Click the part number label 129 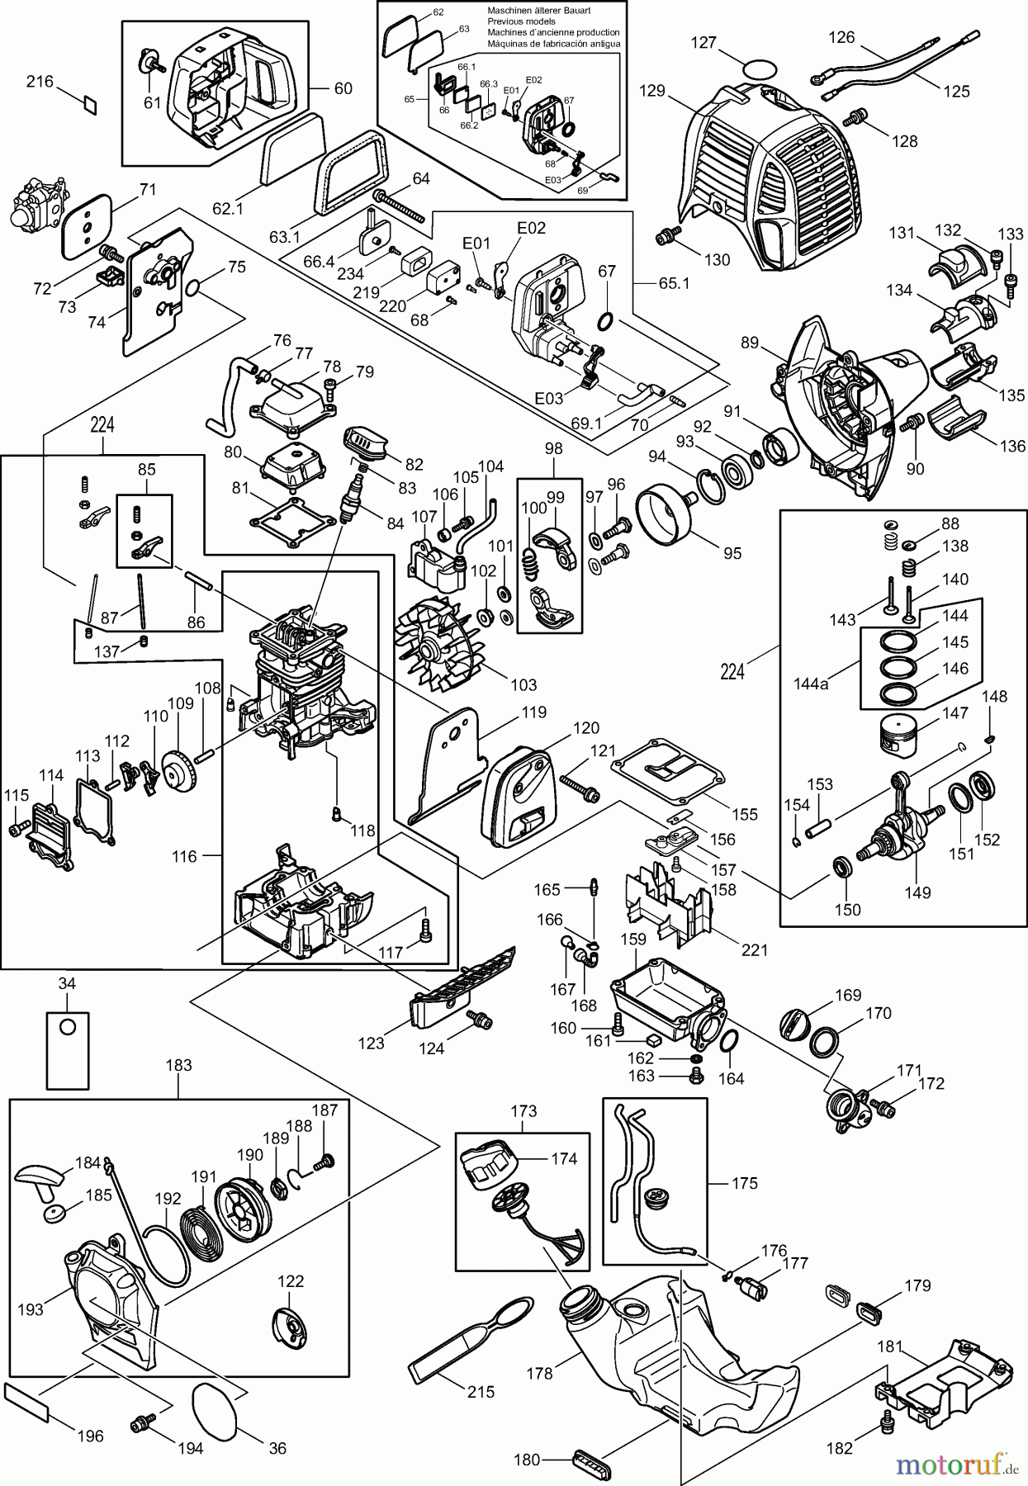tap(651, 91)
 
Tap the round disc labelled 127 tap(760, 69)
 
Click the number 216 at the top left tap(40, 81)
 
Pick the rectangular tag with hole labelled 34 tap(67, 1049)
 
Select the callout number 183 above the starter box tap(178, 1065)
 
